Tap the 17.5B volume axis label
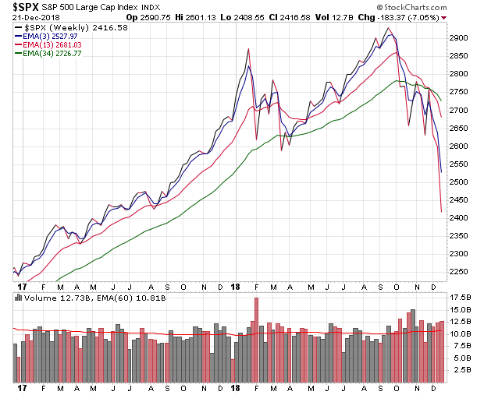tap(461, 298)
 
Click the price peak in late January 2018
tap(248, 49)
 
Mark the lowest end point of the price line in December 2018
tap(441, 211)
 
